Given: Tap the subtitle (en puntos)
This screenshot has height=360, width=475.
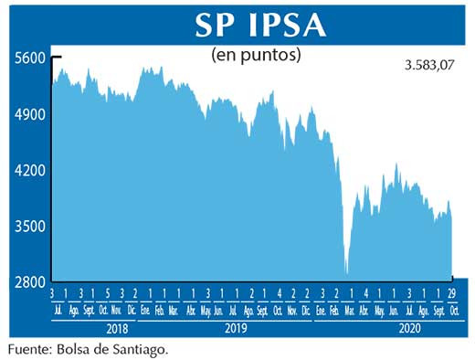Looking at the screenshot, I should coord(256,55).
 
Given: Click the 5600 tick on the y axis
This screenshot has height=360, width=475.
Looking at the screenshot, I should coord(30,58).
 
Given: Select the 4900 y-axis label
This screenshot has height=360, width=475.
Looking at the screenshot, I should coord(30,115).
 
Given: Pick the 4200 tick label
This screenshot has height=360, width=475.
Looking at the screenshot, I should coord(30,171).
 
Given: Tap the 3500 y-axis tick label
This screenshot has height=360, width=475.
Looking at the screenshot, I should coord(30,227).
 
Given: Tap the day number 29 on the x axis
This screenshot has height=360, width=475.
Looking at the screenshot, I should coord(451,293).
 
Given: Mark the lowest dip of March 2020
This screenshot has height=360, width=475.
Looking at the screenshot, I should coord(347,271).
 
